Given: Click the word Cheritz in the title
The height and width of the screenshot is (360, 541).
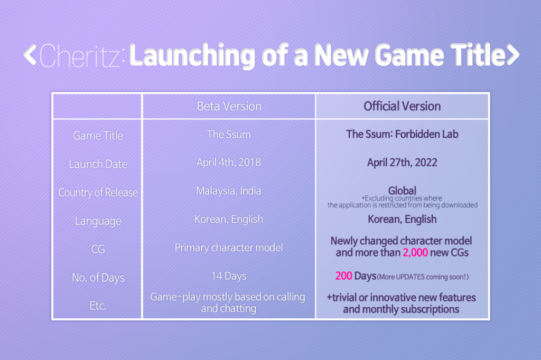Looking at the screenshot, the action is (80, 55).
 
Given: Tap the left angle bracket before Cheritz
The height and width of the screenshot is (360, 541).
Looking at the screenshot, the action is (30, 55).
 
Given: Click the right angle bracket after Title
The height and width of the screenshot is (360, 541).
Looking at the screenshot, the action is (512, 54).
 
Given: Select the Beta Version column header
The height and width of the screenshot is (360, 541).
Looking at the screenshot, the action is (229, 106).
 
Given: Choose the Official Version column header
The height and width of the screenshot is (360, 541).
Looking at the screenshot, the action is (402, 106).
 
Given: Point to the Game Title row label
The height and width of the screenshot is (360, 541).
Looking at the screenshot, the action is (98, 136).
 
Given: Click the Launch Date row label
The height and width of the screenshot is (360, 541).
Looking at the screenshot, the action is (98, 164).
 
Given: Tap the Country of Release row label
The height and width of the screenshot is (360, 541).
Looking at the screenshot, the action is (98, 193).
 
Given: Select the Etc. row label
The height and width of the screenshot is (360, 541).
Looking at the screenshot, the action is (98, 306).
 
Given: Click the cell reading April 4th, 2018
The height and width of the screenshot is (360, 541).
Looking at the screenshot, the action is (229, 162).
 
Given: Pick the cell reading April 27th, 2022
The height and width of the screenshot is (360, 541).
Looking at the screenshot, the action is (402, 162).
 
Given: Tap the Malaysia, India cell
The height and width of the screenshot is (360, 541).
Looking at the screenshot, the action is (229, 191).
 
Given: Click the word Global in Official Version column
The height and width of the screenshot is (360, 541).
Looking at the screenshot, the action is (402, 191).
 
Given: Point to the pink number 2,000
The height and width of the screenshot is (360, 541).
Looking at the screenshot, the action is (415, 252).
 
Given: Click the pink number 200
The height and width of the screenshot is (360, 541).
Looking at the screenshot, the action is (343, 276).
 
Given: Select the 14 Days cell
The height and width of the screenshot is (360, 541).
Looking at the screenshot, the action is (229, 276).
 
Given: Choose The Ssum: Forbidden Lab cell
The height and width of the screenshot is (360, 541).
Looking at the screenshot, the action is (402, 134).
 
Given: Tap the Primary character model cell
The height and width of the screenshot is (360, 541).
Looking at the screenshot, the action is (229, 247).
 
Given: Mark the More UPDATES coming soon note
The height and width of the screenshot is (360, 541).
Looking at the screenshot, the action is (423, 277).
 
